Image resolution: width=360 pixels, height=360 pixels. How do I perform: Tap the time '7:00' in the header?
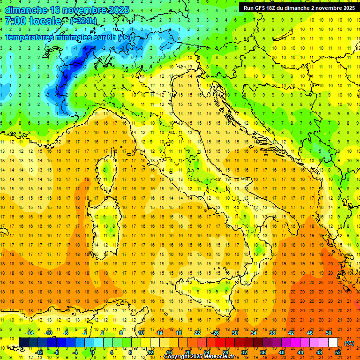[15, 21]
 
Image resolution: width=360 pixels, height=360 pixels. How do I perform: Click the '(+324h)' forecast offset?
[83, 21]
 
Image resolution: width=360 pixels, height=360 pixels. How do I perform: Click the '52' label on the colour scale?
[338, 352]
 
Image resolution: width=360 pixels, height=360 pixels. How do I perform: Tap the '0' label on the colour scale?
[93, 352]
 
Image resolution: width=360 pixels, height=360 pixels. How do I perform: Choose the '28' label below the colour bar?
[225, 352]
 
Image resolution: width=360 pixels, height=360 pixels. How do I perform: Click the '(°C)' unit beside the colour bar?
[349, 343]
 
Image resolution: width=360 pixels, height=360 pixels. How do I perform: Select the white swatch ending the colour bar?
[333, 343]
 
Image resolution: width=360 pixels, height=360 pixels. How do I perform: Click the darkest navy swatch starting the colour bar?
[23, 343]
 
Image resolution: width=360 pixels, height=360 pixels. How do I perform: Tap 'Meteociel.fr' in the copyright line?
[222, 357]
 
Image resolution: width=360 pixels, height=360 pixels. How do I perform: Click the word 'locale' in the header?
[45, 21]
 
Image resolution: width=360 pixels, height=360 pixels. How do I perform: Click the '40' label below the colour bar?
[281, 352]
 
